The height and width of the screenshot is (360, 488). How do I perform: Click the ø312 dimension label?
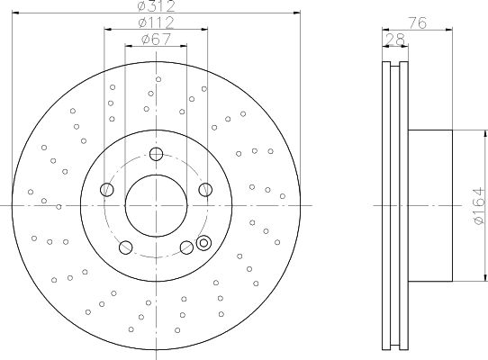click(x=157, y=6)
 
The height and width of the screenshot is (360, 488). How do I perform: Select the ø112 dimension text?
click(x=156, y=22)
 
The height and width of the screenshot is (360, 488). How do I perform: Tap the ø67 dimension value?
click(x=156, y=40)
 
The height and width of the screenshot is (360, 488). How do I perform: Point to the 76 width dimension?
click(x=417, y=23)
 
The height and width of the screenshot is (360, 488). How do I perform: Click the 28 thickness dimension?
click(x=395, y=40)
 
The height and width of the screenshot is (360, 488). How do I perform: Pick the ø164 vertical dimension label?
click(x=479, y=205)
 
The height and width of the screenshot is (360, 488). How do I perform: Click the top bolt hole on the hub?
click(x=156, y=154)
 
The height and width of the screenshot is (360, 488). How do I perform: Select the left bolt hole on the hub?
click(x=107, y=190)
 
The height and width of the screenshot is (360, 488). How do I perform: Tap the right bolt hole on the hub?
click(x=205, y=190)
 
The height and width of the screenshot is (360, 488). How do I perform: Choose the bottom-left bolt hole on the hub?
click(x=126, y=247)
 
